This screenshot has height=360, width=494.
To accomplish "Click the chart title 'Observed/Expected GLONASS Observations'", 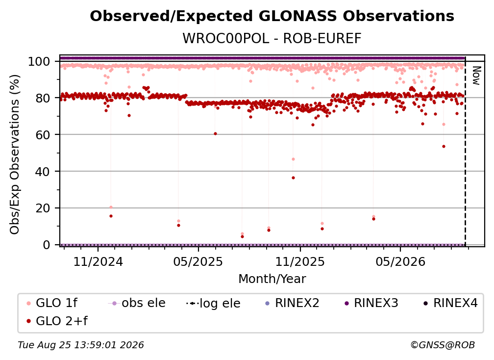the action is tap(272, 16).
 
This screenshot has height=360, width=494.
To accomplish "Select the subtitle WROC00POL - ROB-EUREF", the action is tap(272, 38).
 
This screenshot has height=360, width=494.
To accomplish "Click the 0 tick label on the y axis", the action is tap(47, 245).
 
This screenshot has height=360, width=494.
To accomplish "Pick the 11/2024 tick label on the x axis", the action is tap(98, 262).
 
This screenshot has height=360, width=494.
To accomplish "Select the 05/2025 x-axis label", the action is tap(198, 262).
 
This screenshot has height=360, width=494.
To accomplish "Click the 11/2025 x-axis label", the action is tap(300, 262).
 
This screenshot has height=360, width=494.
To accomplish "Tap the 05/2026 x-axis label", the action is tap(400, 262).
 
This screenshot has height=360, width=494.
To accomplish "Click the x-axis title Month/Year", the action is tap(272, 279).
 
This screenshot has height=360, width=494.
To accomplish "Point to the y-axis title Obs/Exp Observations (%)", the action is tap(15, 154).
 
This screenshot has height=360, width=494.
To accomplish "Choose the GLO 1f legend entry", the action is tap(52, 303).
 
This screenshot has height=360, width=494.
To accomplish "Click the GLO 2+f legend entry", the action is tap(57, 321).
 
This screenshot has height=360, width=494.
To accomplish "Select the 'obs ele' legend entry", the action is tap(137, 303).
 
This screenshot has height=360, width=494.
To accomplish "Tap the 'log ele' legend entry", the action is tap(213, 304).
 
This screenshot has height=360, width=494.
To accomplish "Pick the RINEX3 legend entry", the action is tap(371, 303).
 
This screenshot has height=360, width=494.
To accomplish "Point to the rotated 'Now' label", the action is tap(476, 76).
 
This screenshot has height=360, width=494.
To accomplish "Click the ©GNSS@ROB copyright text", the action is tap(443, 345).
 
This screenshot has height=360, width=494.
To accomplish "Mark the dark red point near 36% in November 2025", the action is tap(293, 178).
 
